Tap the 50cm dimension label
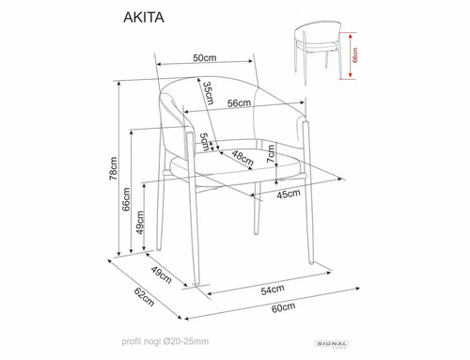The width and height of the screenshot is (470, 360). (x=205, y=57)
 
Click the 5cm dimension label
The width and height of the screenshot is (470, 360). (x=202, y=146)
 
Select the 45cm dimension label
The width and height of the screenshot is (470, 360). (x=288, y=194)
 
